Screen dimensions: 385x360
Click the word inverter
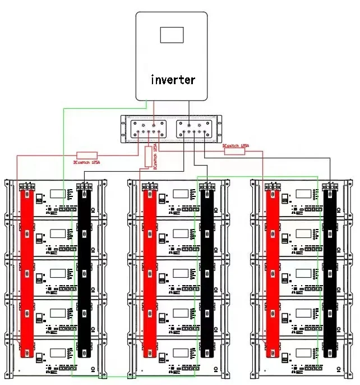pos(173,79)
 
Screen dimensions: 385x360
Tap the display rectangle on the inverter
pos(172,34)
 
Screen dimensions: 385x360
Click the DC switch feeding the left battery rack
pos(86,155)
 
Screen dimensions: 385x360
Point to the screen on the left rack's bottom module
pos(57,353)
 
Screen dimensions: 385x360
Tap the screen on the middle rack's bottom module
pos(181,353)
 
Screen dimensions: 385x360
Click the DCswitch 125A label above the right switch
pos(236,145)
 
